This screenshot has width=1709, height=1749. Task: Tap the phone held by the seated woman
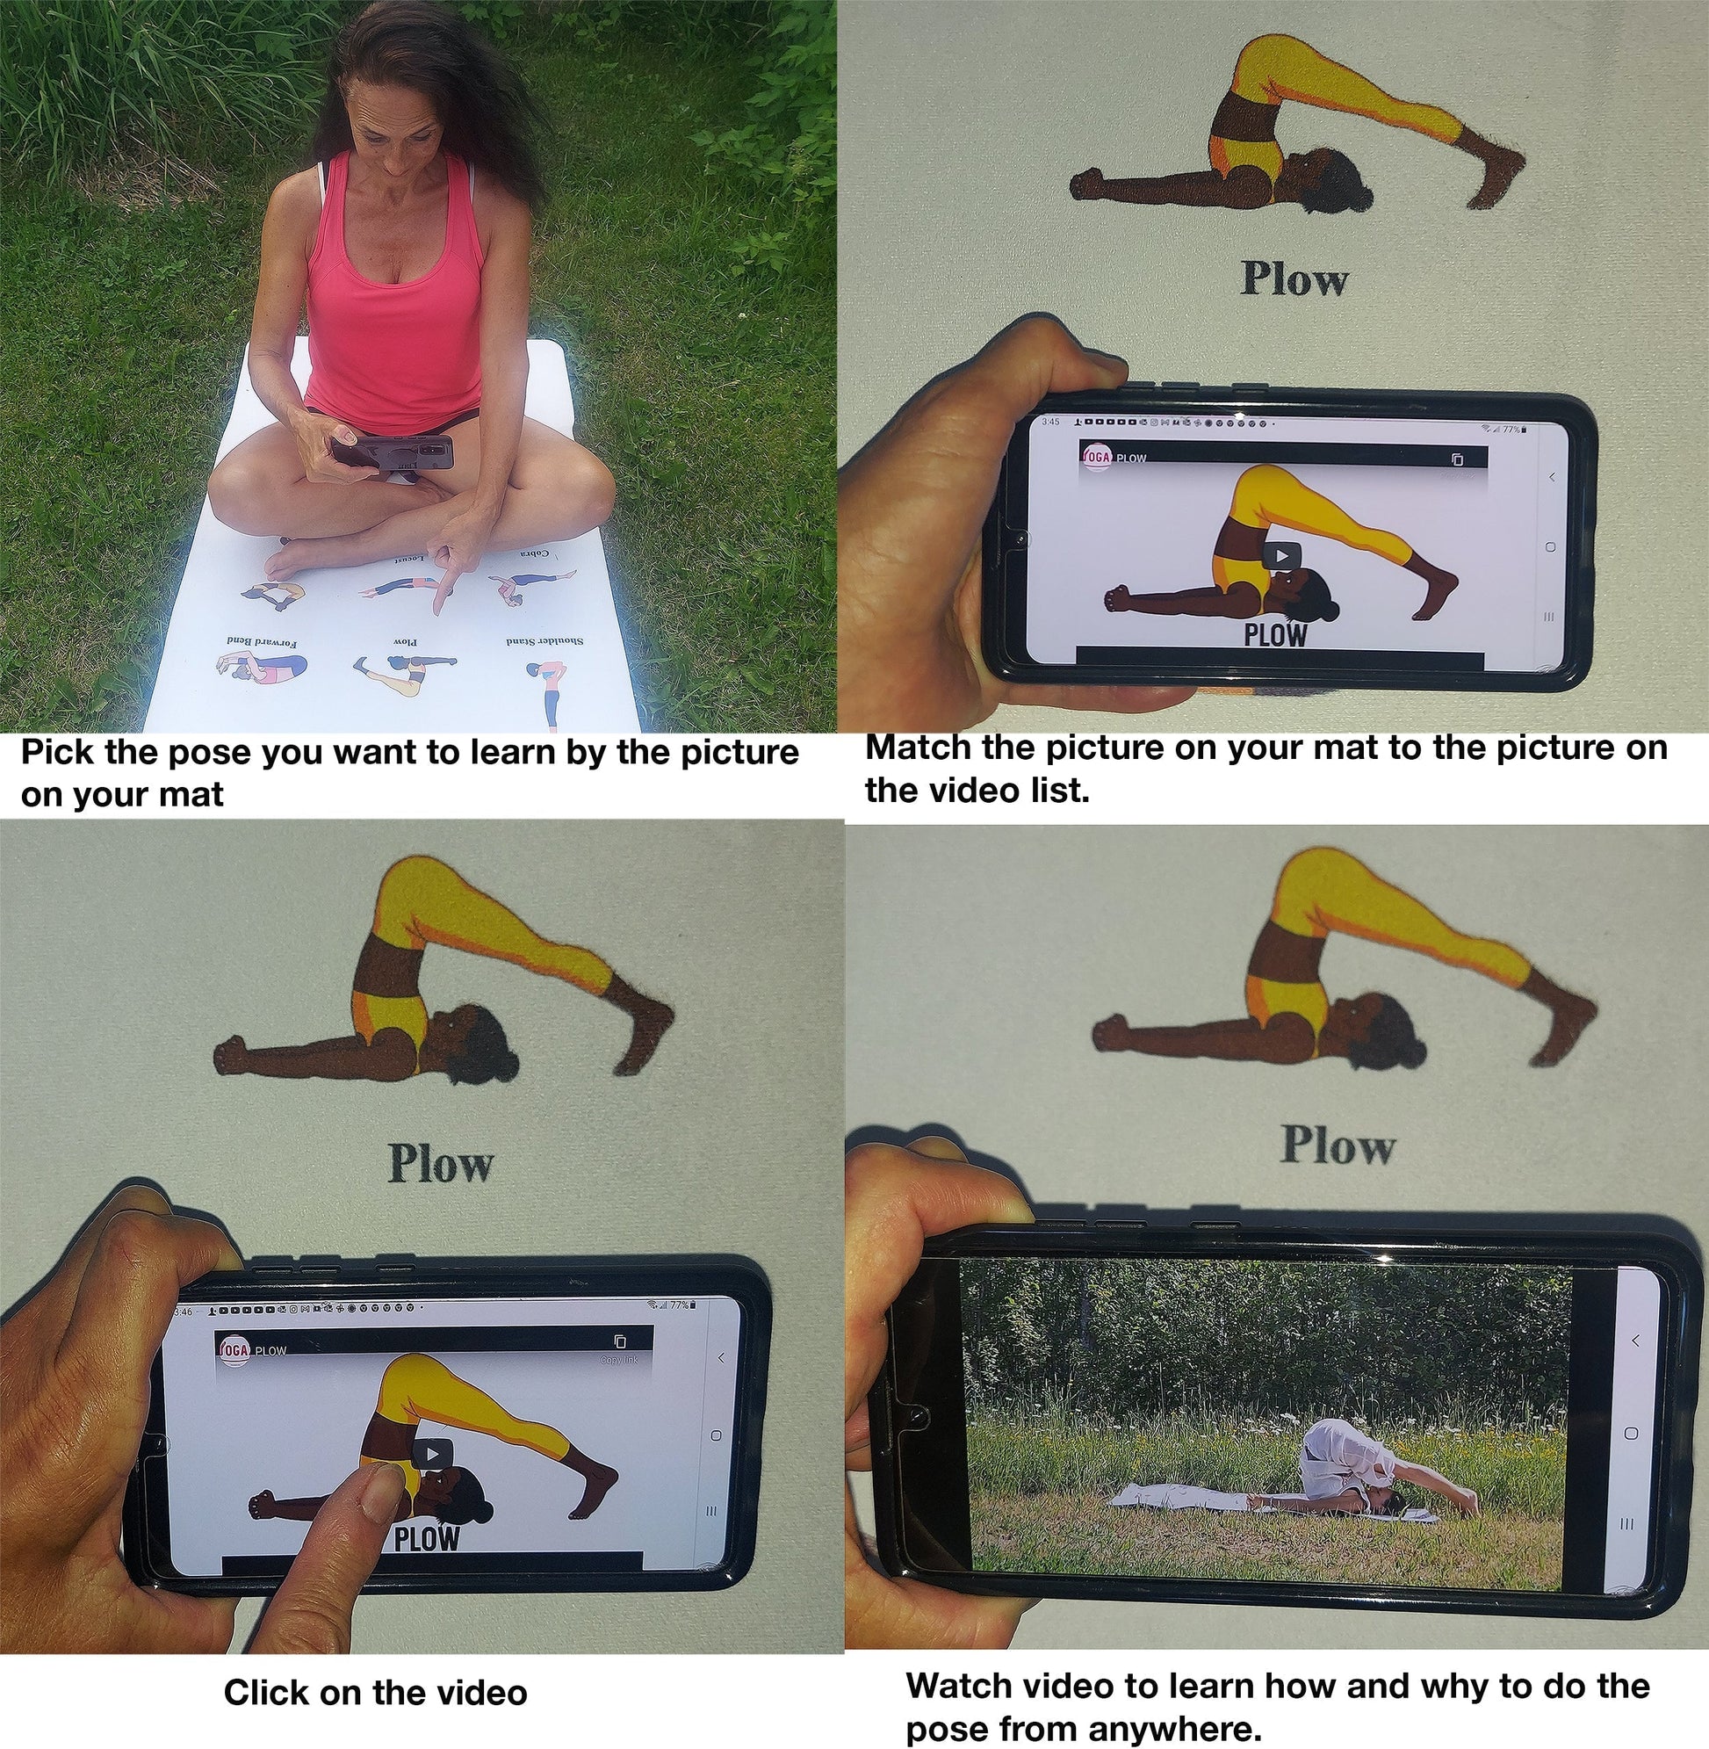395,452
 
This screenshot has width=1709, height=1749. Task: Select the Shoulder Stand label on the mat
544,641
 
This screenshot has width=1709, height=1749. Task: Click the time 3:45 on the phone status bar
1050,421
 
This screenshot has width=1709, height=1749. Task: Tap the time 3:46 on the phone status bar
182,1312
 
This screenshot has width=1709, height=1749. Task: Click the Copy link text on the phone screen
619,1360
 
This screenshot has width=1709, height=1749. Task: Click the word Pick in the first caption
58,752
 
